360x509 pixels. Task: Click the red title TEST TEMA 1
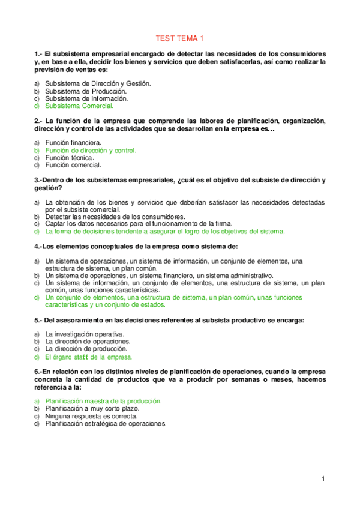coord(180,38)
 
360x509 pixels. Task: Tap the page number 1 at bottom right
coord(323,478)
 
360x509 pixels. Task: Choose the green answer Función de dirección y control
coord(91,150)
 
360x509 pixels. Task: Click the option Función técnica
coord(70,157)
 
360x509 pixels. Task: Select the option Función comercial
coord(73,164)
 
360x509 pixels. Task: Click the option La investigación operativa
coord(85,334)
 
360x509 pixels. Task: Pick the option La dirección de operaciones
coord(88,341)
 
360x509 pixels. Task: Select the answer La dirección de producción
coord(86,348)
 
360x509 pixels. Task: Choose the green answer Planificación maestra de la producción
coord(103,400)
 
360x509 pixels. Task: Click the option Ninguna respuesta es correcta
coord(91,415)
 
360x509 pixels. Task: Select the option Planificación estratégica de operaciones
coord(106,423)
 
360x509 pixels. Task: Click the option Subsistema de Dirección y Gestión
coord(98,84)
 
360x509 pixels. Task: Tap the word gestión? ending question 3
coord(47,188)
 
